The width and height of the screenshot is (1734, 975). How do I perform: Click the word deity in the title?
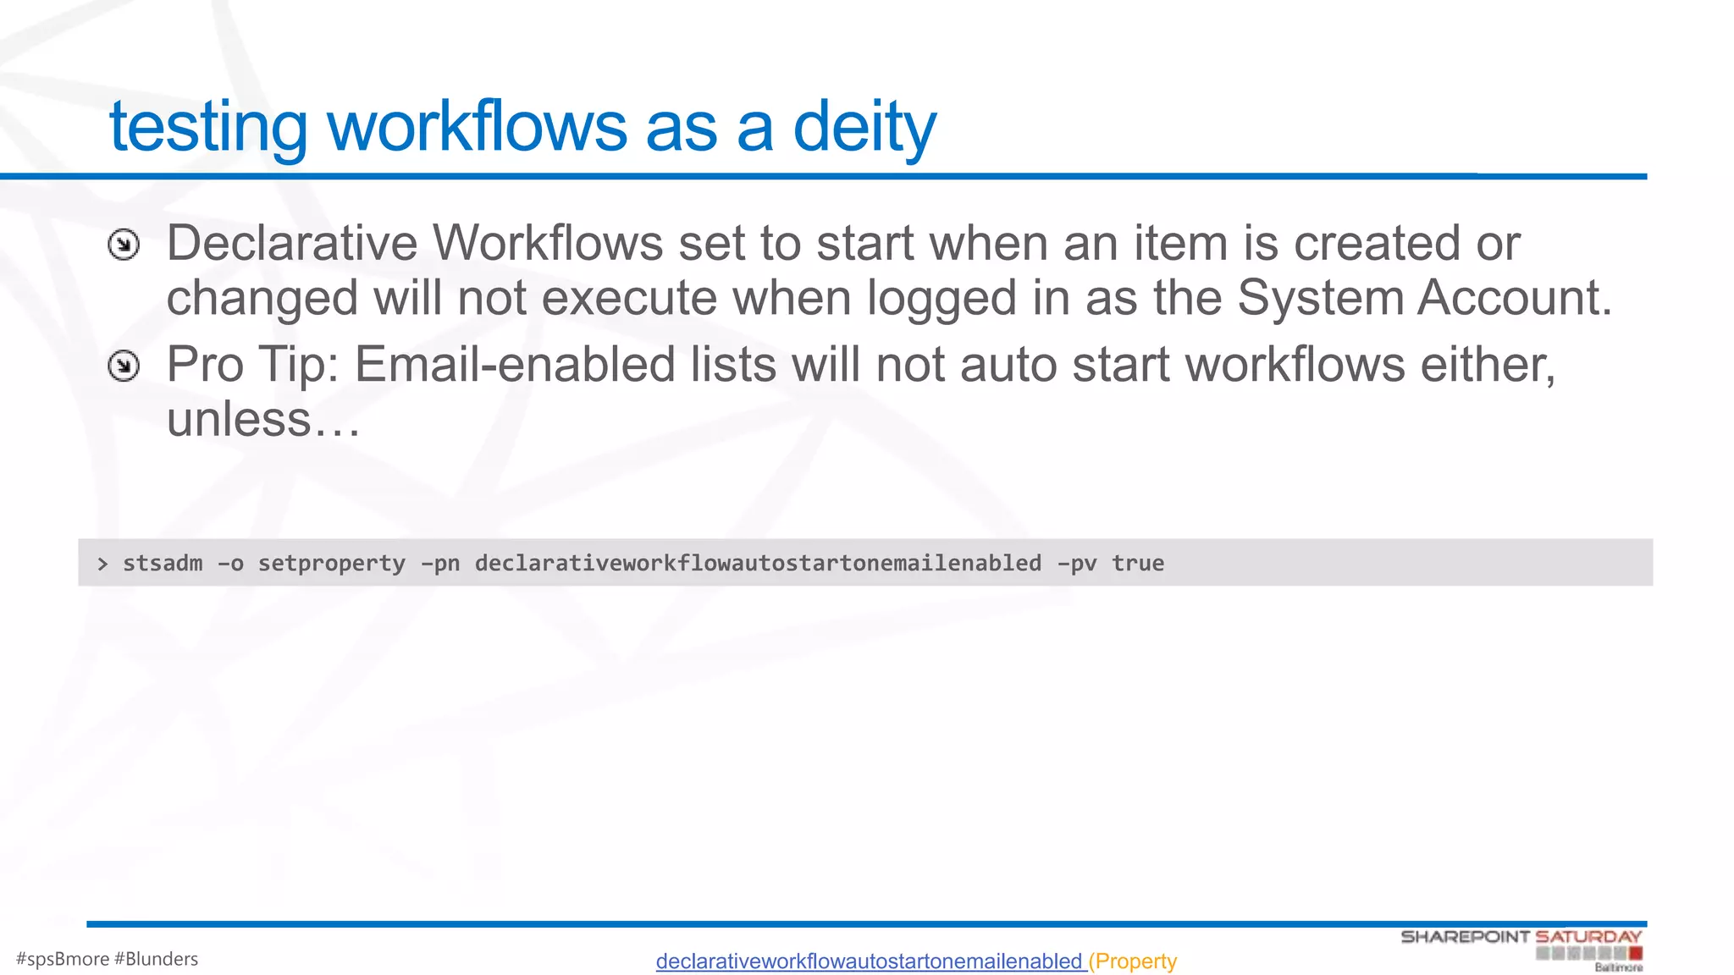click(x=864, y=127)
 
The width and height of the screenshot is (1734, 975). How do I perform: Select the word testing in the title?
click(x=208, y=127)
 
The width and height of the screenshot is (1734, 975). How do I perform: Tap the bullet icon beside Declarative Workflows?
click(x=124, y=245)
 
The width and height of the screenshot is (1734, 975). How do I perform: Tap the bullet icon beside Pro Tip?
click(x=124, y=366)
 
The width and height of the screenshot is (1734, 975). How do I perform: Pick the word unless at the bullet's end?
click(x=240, y=419)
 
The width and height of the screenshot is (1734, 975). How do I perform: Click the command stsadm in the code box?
click(x=163, y=564)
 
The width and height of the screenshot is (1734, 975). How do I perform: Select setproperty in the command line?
click(x=331, y=564)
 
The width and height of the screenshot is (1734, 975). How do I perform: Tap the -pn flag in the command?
click(x=440, y=564)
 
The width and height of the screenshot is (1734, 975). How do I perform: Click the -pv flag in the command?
click(x=1076, y=564)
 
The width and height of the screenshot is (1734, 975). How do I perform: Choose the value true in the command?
click(x=1138, y=564)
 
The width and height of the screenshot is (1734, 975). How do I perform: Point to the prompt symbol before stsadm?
click(x=102, y=564)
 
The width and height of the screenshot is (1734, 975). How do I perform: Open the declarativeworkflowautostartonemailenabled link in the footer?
click(x=870, y=961)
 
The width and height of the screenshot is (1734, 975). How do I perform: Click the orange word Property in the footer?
click(x=1135, y=961)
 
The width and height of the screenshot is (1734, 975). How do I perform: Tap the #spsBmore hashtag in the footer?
click(x=63, y=959)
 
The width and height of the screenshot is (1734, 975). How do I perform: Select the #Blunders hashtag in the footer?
click(x=156, y=959)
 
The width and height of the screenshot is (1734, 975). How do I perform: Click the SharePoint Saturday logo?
click(x=1521, y=947)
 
